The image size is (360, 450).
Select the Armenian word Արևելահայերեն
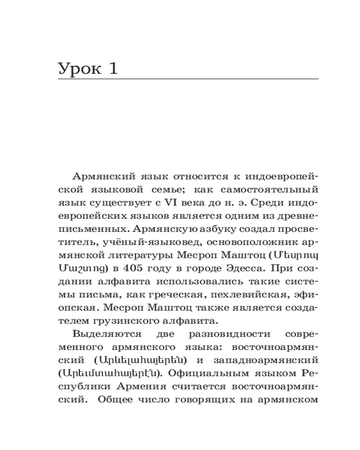click(x=140, y=360)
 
